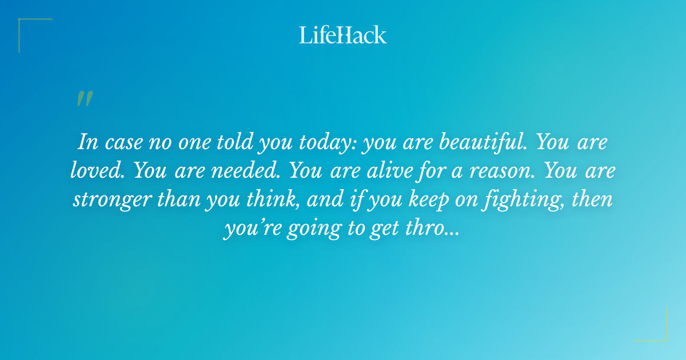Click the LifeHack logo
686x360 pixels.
[x=343, y=35]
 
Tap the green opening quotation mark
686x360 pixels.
[x=84, y=99]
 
